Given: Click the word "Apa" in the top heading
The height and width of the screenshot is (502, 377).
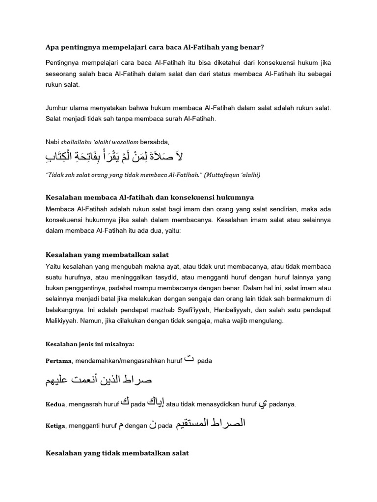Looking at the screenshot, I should coord(52,47).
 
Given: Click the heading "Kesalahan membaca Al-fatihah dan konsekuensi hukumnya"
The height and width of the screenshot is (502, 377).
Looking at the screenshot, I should coord(149,197).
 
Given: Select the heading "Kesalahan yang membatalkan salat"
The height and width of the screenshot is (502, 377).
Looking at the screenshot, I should coord(107,255).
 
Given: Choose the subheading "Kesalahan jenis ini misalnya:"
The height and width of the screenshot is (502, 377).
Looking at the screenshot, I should coord(86,344).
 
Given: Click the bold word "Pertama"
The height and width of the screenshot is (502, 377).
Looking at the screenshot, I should coord(58,361).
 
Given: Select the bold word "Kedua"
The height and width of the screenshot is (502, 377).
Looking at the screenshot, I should coord(56,404).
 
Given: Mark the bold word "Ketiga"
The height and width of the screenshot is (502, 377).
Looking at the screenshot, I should coord(57,426).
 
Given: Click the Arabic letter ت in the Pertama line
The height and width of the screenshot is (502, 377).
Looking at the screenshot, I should coord(188,359).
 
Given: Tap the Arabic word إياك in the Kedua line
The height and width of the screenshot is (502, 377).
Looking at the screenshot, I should coord(156,402).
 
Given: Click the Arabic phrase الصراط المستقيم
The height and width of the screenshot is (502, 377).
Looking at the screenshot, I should coord(210,424).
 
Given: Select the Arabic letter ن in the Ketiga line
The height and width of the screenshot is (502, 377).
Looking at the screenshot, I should coord(155,426).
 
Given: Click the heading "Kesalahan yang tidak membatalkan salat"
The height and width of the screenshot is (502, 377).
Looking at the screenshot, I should coord(117,453).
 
